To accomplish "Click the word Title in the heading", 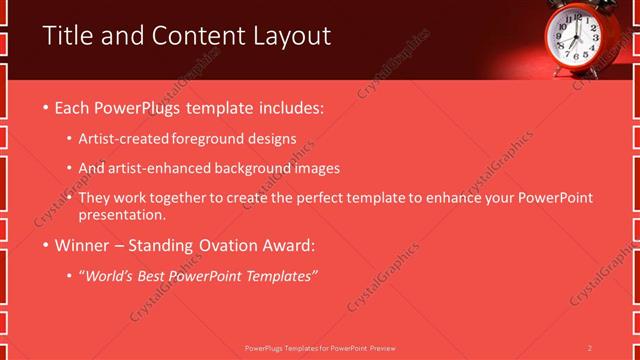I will click(66, 36).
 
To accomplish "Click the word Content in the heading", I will click(191, 37).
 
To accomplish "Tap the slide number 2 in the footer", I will click(590, 348).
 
